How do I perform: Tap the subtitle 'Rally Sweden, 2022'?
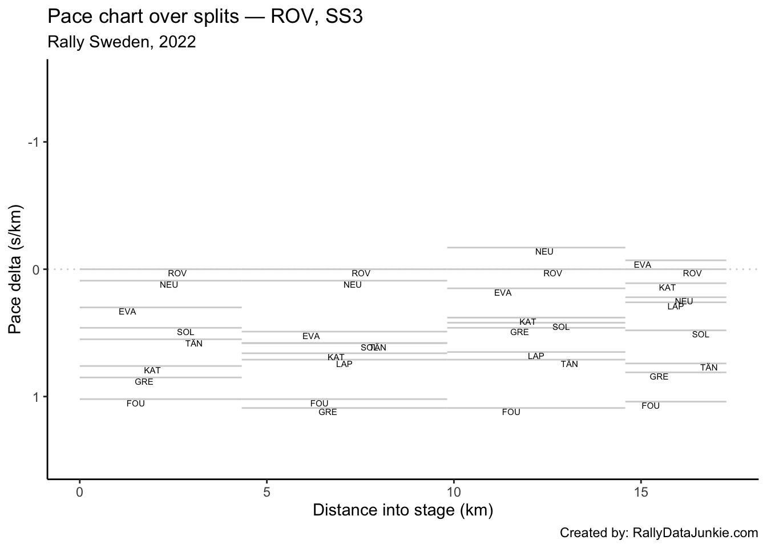[122, 42]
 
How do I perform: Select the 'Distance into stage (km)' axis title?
[403, 510]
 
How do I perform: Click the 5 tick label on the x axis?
[267, 492]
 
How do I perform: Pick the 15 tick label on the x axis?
[640, 492]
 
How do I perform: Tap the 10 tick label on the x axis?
[453, 492]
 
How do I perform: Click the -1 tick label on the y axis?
[33, 142]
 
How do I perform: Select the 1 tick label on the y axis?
[35, 397]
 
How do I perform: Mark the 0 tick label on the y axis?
[35, 269]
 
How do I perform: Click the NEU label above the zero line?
[544, 252]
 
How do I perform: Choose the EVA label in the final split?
[642, 265]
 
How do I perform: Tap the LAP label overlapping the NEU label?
[675, 307]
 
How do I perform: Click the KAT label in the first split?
[152, 370]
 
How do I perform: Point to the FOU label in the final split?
[651, 406]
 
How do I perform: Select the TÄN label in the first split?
[193, 344]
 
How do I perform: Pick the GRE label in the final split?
[659, 377]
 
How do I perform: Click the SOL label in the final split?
[700, 335]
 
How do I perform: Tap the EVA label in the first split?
[127, 312]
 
